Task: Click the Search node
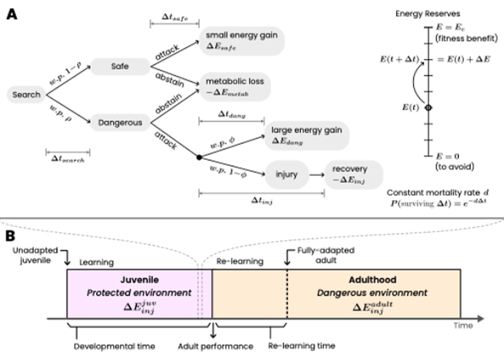coord(26,95)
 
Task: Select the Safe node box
coord(120,67)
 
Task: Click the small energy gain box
coord(242,40)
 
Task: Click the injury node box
coord(287,174)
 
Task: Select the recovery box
coord(350,174)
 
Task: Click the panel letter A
coord(11,15)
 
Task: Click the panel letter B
coord(11,235)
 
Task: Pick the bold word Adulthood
coord(372,280)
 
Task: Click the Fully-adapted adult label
coord(320,256)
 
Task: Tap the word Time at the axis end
coord(463,325)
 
